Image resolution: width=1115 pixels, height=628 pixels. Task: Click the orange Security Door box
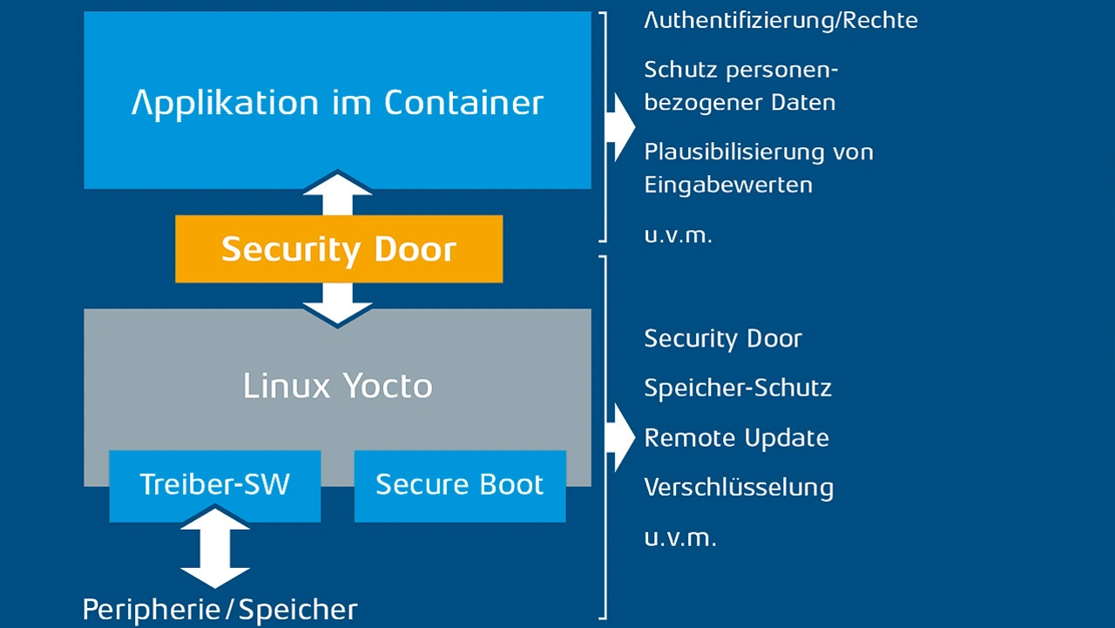(x=339, y=249)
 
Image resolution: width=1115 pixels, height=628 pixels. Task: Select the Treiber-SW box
(x=214, y=485)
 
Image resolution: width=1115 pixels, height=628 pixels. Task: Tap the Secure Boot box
(x=459, y=485)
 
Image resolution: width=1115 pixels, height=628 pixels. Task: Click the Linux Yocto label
(x=338, y=386)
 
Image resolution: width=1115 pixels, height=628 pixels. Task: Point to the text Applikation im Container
(x=337, y=103)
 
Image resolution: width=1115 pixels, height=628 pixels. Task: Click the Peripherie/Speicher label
(x=220, y=610)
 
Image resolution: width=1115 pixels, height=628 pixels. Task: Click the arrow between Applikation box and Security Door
(x=337, y=193)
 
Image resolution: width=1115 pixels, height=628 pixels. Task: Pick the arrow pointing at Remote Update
(x=622, y=437)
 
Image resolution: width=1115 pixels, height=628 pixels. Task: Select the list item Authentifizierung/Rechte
(x=780, y=20)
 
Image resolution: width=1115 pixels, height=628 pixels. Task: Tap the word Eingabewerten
(x=728, y=185)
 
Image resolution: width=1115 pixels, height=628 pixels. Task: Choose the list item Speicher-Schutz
(x=738, y=388)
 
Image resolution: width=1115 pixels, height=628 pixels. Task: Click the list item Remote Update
(x=736, y=437)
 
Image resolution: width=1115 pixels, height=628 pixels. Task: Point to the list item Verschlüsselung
(x=739, y=488)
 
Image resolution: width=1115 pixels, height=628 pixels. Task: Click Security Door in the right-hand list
(x=723, y=338)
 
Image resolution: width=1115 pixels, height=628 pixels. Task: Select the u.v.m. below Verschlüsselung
(x=679, y=537)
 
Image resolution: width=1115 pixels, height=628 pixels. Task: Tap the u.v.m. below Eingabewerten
(x=678, y=235)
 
